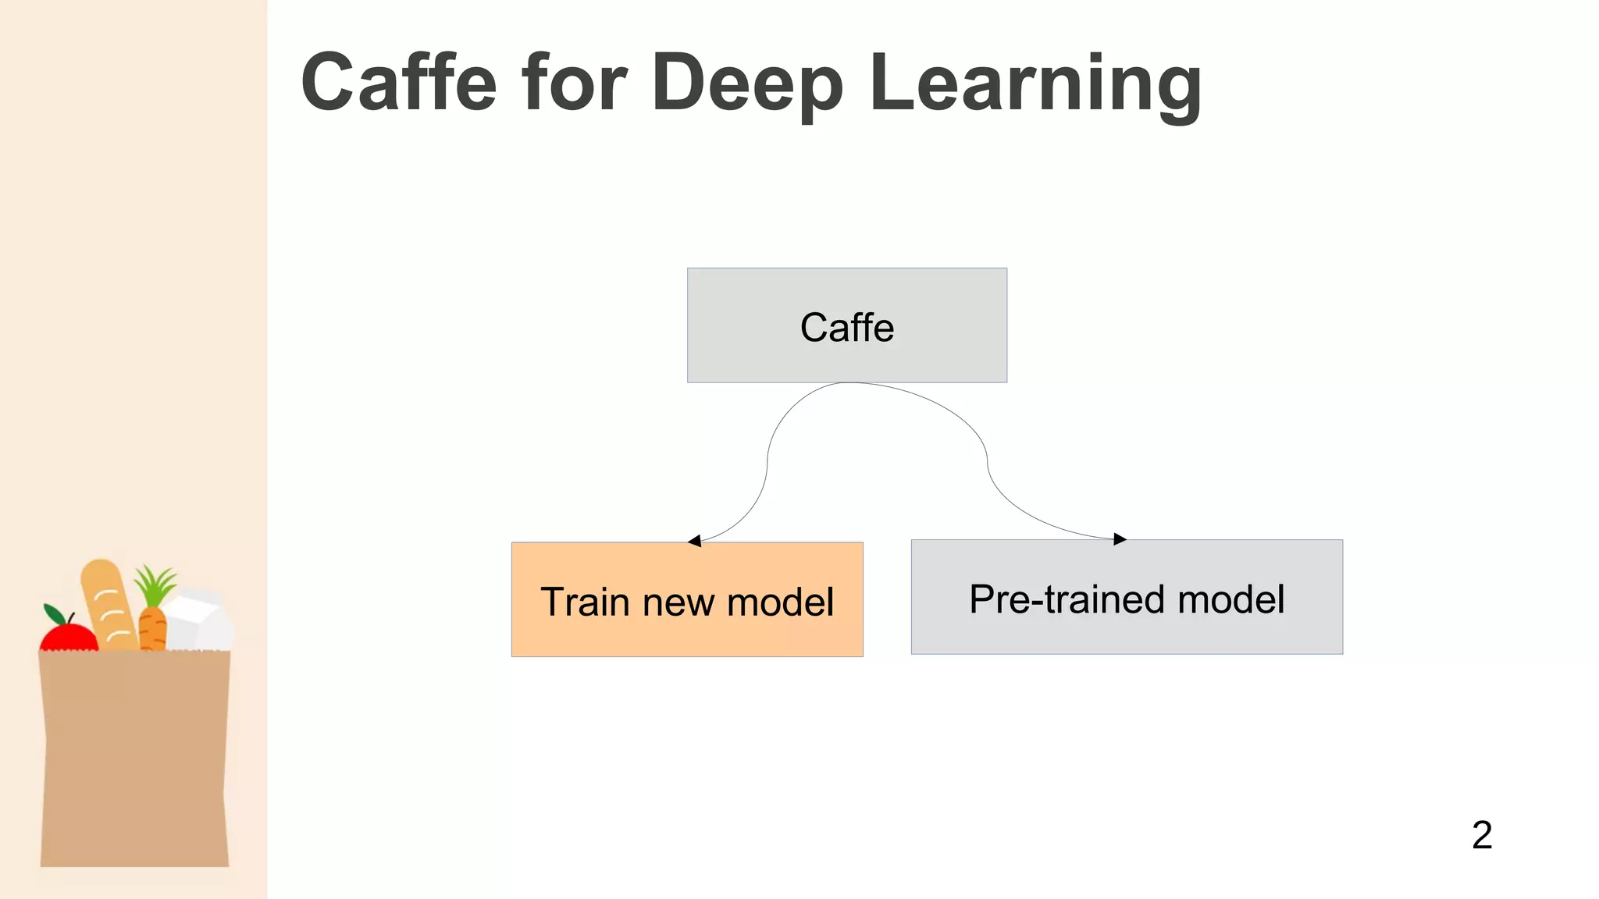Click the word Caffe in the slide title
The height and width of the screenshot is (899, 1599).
pyautogui.click(x=399, y=82)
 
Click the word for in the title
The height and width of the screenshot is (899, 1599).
pyautogui.click(x=575, y=82)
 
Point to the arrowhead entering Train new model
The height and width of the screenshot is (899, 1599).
pyautogui.click(x=694, y=540)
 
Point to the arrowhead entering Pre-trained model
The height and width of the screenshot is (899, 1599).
pyautogui.click(x=1120, y=538)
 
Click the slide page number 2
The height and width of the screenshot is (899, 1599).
pyautogui.click(x=1482, y=835)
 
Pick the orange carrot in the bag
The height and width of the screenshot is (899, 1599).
pyautogui.click(x=152, y=629)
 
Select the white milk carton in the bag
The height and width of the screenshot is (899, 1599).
pyautogui.click(x=200, y=620)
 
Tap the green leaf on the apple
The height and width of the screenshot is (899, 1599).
pyautogui.click(x=55, y=614)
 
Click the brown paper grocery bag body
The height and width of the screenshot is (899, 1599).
pyautogui.click(x=134, y=757)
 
